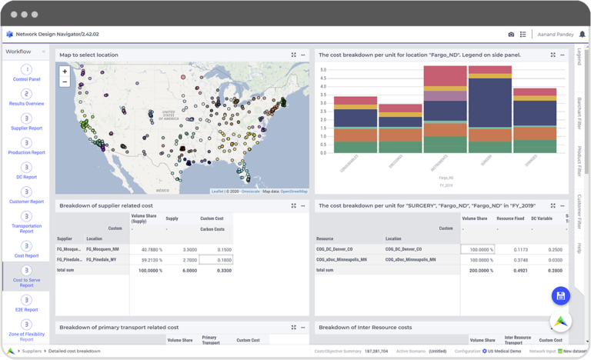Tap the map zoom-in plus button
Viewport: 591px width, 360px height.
pos(65,72)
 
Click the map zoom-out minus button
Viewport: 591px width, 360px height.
pos(65,82)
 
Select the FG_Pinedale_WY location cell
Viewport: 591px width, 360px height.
pos(102,260)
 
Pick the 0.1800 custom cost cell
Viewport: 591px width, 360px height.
pos(215,260)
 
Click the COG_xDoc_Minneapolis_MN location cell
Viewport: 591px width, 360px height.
pos(410,260)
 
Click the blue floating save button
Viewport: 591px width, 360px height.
pos(560,296)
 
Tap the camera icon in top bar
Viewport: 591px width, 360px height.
pos(511,35)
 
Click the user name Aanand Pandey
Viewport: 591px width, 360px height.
pos(555,35)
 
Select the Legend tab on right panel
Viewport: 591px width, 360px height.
pos(579,57)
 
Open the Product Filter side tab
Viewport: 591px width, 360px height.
pos(579,162)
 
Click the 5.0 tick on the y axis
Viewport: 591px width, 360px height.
pos(323,70)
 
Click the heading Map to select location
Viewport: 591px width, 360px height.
pos(88,55)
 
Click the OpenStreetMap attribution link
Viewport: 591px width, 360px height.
pos(293,191)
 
